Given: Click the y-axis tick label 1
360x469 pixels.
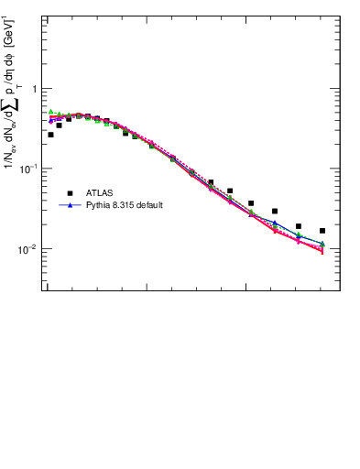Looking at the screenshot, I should click(x=36, y=89).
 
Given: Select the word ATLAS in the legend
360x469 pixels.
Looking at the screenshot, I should click(x=100, y=193).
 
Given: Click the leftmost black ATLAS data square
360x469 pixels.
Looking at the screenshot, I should click(x=50, y=135).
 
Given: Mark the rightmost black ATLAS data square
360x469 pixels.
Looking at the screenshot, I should click(x=322, y=231).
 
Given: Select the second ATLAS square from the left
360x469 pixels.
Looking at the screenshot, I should click(x=59, y=125).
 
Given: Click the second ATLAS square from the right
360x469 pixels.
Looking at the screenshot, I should click(x=299, y=226).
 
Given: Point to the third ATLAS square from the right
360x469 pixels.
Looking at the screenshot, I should click(x=275, y=212).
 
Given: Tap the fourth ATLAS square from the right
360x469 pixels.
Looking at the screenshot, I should click(x=251, y=203).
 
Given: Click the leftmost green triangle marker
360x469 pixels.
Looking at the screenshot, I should click(x=50, y=112).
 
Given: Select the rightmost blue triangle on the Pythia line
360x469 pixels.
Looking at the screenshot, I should click(x=322, y=244).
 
